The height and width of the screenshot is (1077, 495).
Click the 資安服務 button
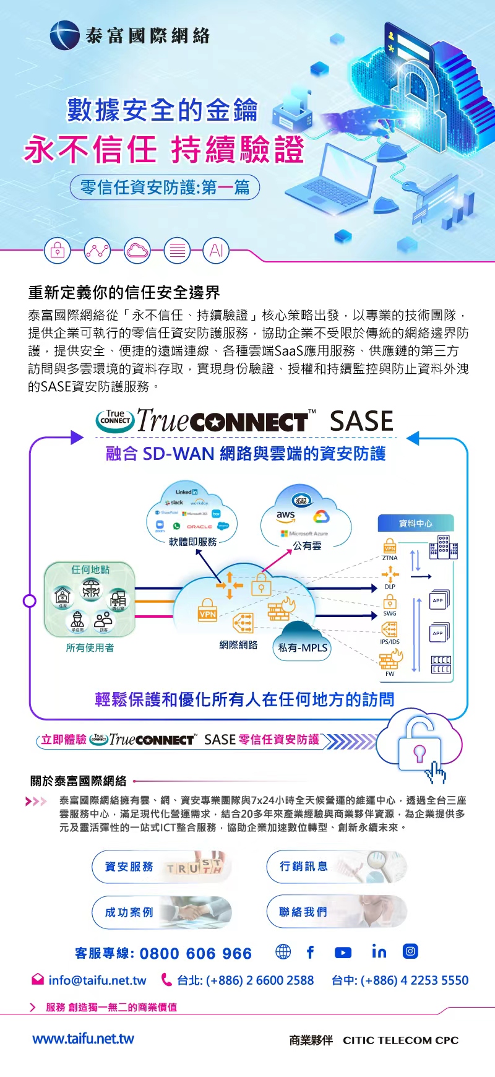161,867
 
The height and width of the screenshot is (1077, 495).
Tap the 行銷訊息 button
336,866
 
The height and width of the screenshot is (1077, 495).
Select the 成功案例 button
161,912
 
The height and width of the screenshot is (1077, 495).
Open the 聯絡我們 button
336,911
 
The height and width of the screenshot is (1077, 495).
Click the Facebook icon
311,952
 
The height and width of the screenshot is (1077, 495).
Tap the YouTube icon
343,953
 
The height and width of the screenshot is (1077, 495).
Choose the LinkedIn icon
379,951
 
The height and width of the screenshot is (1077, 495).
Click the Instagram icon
410,951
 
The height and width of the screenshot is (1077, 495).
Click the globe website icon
283,952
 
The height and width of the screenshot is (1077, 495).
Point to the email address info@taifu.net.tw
97,980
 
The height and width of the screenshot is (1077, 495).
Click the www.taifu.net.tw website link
83,1039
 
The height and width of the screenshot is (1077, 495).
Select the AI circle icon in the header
216,251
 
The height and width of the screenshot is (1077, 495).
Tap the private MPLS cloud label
303,647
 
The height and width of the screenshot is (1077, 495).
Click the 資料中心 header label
416,524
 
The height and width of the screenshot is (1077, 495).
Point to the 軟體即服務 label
193,542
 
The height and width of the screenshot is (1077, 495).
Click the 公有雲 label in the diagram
307,546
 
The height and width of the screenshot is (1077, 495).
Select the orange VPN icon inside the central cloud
207,609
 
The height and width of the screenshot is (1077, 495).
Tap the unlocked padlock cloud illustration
420,743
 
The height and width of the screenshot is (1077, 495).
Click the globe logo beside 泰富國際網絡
64,35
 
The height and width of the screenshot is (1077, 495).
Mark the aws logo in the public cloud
285,515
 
